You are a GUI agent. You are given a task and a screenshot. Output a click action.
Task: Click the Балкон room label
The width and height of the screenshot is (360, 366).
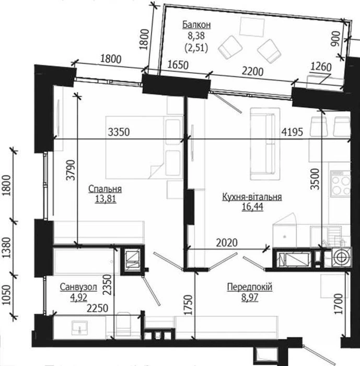196,25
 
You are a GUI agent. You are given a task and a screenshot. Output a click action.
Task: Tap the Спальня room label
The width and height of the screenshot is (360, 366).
105,189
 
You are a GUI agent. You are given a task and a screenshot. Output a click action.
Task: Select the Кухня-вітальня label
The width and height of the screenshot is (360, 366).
252,197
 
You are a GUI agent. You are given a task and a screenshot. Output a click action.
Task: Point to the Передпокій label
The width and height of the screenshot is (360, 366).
250,287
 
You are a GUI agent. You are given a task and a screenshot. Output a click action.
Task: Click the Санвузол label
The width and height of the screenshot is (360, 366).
78,287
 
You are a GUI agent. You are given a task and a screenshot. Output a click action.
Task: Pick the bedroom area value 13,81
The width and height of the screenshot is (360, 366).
106,199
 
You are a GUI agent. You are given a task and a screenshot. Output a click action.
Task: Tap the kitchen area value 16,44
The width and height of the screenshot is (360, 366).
252,207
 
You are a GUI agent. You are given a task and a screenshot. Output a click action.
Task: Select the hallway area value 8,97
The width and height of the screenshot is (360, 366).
250,298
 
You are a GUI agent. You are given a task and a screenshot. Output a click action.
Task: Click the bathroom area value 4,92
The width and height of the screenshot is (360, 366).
78,298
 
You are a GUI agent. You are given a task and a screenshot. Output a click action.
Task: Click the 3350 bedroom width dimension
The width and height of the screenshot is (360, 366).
119,132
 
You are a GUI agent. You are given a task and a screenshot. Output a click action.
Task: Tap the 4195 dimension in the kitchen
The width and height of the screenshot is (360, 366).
292,132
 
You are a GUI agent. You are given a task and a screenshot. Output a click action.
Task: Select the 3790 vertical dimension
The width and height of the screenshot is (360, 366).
71,170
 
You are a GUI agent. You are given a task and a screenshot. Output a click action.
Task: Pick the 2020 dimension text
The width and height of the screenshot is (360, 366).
227,243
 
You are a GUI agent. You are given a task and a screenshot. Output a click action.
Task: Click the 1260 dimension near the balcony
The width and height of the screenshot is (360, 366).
321,67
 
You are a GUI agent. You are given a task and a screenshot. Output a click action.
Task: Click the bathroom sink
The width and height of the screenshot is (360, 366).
80,327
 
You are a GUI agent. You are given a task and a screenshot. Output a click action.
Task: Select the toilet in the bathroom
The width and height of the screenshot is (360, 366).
123,325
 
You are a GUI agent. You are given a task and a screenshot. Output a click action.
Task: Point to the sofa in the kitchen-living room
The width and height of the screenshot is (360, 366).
265,144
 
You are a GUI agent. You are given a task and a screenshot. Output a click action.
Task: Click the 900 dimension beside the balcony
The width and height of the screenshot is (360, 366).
336,39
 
